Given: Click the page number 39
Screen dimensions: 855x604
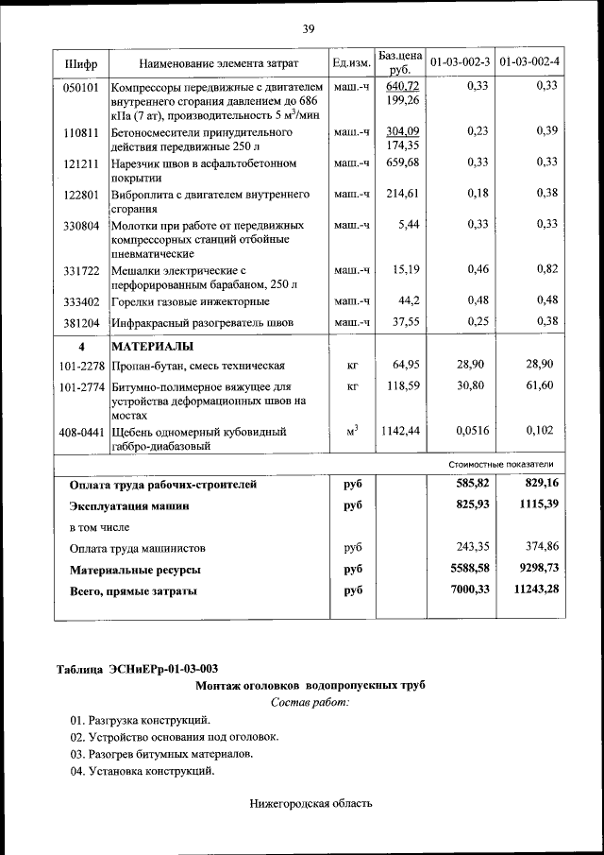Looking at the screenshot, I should (308, 29).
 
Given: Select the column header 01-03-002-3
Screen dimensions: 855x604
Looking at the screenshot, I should (460, 63).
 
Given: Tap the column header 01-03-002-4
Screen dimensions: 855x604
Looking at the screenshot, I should (528, 63).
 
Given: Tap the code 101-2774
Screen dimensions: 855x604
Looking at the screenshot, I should (82, 387).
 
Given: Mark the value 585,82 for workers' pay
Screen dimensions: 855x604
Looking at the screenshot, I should (472, 484).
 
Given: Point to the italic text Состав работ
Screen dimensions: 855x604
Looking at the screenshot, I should (310, 702).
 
